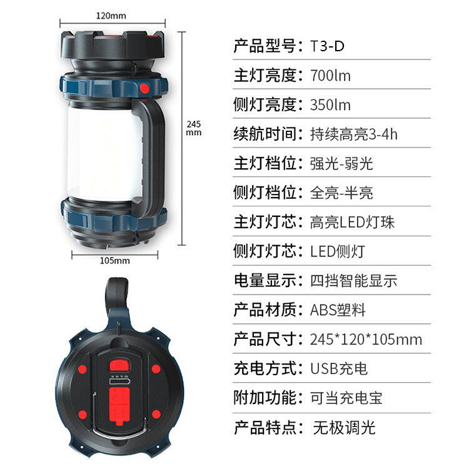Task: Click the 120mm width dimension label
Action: pyautogui.click(x=111, y=16)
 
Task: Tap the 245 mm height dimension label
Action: pyautogui.click(x=194, y=128)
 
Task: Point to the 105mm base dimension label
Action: pyautogui.click(x=115, y=261)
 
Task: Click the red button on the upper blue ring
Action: pyautogui.click(x=145, y=89)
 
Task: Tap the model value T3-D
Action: pyautogui.click(x=327, y=46)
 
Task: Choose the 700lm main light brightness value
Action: pyautogui.click(x=330, y=76)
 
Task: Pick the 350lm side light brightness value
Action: pyautogui.click(x=330, y=104)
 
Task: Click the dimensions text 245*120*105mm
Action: pyautogui.click(x=366, y=339)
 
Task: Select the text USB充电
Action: pyautogui.click(x=338, y=368)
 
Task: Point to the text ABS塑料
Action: pyautogui.click(x=338, y=310)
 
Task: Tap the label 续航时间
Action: pyautogui.click(x=265, y=134)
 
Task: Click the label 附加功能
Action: pyautogui.click(x=265, y=398)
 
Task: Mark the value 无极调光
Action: pyautogui.click(x=344, y=427)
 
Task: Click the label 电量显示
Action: pyautogui.click(x=265, y=281)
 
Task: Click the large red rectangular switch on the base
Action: pyautogui.click(x=119, y=405)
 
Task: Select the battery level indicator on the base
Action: pyautogui.click(x=119, y=381)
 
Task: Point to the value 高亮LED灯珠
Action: pyautogui.click(x=352, y=222)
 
